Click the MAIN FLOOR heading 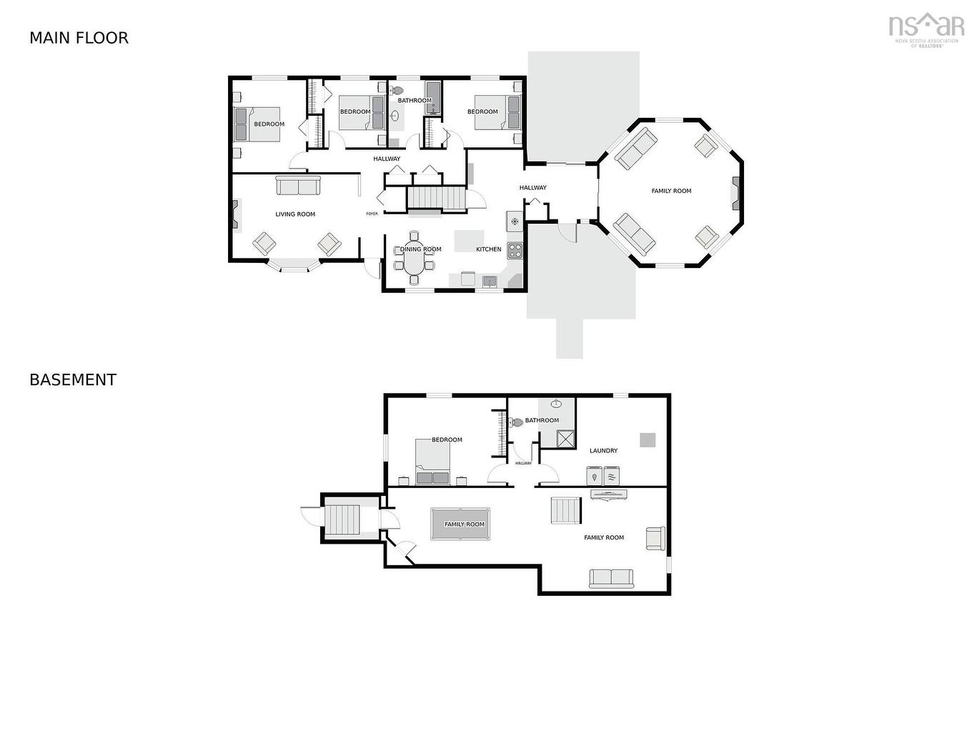pyautogui.click(x=79, y=38)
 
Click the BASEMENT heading pyautogui.click(x=73, y=380)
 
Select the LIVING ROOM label pyautogui.click(x=295, y=214)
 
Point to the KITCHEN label pyautogui.click(x=488, y=249)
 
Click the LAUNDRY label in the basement pyautogui.click(x=603, y=451)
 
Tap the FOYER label pyautogui.click(x=372, y=214)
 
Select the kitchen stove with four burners pyautogui.click(x=515, y=250)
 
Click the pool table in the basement pyautogui.click(x=460, y=524)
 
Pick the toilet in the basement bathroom pyautogui.click(x=516, y=422)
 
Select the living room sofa pyautogui.click(x=298, y=185)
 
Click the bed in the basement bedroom pyautogui.click(x=433, y=462)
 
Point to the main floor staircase pyautogui.click(x=436, y=198)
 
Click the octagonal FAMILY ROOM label pyautogui.click(x=671, y=191)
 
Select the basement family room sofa pyautogui.click(x=611, y=579)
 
